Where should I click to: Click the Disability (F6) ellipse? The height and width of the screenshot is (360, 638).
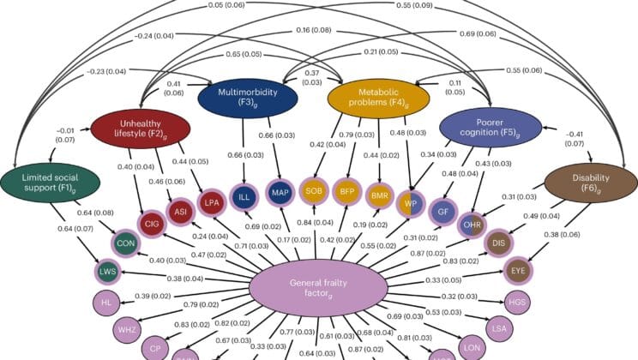coord(579,183)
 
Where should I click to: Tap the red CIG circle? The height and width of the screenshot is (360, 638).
coord(152,224)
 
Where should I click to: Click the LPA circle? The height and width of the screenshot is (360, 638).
coord(212,202)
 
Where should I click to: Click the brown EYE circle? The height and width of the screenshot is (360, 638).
coord(519,269)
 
